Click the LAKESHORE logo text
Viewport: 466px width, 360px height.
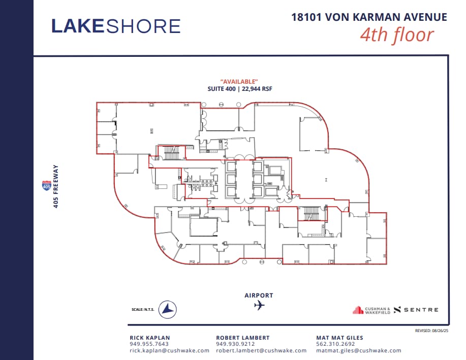click(x=116, y=26)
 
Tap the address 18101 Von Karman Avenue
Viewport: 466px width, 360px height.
click(x=369, y=17)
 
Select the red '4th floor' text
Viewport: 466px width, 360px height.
click(x=397, y=35)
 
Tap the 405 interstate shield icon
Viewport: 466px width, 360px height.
click(x=46, y=186)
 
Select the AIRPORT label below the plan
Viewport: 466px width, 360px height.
click(x=259, y=295)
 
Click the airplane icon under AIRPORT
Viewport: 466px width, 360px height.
click(x=259, y=305)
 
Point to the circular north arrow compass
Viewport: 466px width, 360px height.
click(x=167, y=309)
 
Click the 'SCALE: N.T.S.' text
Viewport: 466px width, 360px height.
click(x=143, y=309)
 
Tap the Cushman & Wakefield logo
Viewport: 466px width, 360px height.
click(x=371, y=310)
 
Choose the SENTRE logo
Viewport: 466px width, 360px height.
click(x=416, y=310)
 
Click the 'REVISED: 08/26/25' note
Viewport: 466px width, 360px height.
click(x=431, y=330)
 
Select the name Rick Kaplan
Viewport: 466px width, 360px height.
click(x=150, y=338)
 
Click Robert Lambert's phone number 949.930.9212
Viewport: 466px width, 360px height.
click(x=232, y=344)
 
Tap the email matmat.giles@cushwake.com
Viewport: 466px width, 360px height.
click(x=358, y=350)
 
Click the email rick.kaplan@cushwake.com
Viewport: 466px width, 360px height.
click(x=169, y=350)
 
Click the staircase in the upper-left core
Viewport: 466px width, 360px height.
click(x=171, y=153)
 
